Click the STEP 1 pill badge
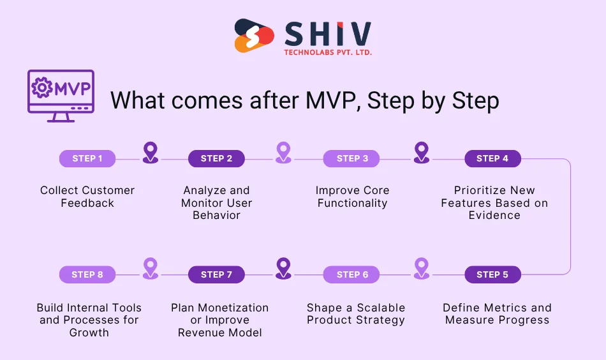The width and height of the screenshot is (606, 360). [x=87, y=159]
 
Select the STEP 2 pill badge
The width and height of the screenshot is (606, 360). [x=216, y=159]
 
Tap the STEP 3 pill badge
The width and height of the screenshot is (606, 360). [x=352, y=159]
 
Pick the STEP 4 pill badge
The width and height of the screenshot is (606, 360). [x=492, y=159]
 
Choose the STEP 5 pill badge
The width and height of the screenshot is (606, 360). [x=492, y=275]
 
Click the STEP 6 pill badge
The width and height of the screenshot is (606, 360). [x=352, y=275]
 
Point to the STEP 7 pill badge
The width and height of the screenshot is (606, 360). [x=216, y=275]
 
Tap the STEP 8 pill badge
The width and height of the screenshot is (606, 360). [x=87, y=275]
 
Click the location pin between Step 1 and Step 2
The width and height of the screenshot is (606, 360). [x=151, y=153]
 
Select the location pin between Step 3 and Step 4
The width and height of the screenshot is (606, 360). [x=422, y=153]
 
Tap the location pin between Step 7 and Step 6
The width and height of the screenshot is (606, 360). [x=283, y=268]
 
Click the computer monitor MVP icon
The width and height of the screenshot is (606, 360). [x=61, y=96]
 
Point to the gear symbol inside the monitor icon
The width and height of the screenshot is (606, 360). [x=43, y=87]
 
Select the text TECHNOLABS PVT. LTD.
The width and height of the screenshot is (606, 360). [x=328, y=52]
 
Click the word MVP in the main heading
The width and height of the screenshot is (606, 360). [x=331, y=101]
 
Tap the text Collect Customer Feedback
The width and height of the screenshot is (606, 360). [x=87, y=197]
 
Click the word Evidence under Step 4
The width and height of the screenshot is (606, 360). [x=494, y=215]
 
